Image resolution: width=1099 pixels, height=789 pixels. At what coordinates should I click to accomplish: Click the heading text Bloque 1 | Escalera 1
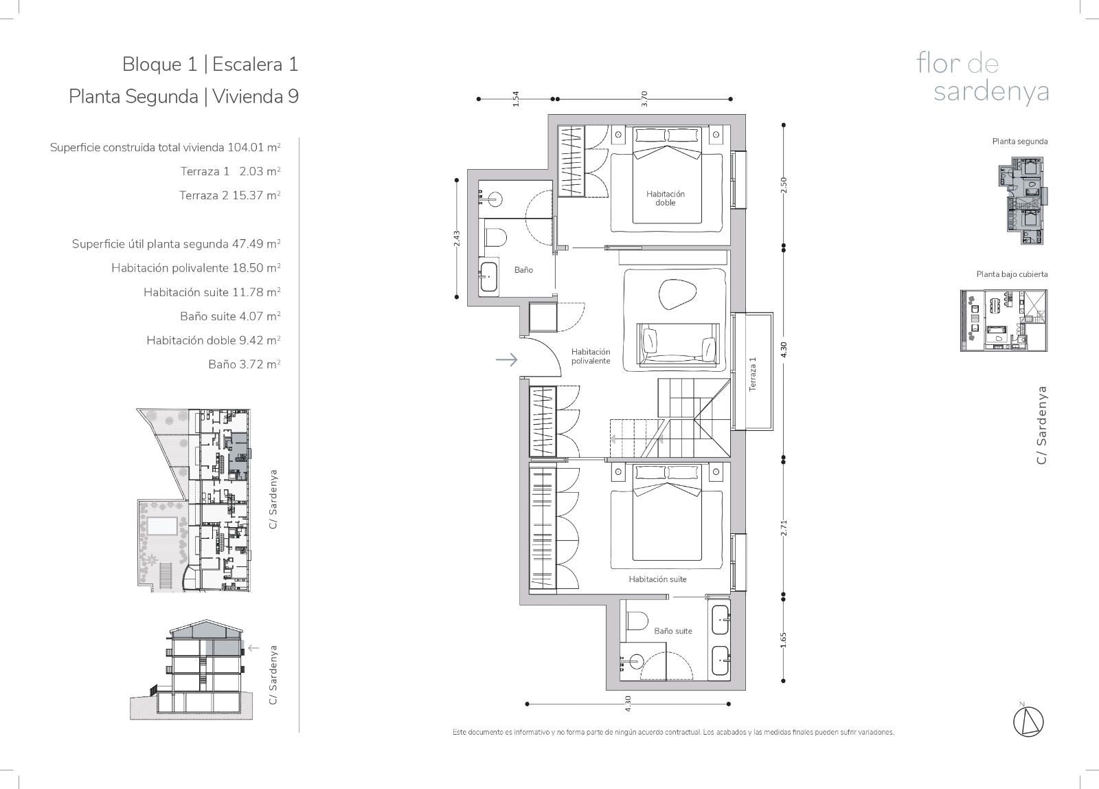click(210, 65)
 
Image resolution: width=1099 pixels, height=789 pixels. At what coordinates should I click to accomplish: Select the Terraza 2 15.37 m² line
click(229, 195)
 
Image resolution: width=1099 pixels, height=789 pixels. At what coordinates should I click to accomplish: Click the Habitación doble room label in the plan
click(666, 199)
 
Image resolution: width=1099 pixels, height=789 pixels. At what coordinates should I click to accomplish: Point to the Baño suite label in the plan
click(672, 631)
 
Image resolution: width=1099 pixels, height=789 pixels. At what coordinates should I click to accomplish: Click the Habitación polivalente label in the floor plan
click(591, 357)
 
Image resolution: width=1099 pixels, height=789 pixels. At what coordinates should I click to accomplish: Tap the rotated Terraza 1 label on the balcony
click(753, 374)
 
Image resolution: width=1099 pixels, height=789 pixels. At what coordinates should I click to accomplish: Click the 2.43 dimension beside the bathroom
click(457, 238)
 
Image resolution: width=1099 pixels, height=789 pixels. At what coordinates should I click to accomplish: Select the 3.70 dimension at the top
click(644, 99)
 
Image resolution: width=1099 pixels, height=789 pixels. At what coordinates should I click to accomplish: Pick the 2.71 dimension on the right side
click(784, 529)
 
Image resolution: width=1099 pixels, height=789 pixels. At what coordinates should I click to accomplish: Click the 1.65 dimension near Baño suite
click(783, 640)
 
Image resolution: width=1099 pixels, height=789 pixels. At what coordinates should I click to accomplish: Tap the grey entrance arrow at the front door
click(506, 360)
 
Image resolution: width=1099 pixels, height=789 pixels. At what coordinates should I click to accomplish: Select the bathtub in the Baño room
click(489, 276)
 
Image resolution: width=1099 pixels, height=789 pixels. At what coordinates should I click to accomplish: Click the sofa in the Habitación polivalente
click(677, 344)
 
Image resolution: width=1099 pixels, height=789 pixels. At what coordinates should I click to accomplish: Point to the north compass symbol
click(1028, 722)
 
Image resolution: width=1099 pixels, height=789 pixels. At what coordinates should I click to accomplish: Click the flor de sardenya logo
click(983, 78)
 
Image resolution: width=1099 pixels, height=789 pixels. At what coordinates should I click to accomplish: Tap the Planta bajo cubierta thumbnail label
click(1012, 274)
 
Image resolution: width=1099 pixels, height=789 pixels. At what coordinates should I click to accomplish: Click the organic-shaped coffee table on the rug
click(677, 294)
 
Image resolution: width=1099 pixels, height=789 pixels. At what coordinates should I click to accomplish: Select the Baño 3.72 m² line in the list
click(245, 364)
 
